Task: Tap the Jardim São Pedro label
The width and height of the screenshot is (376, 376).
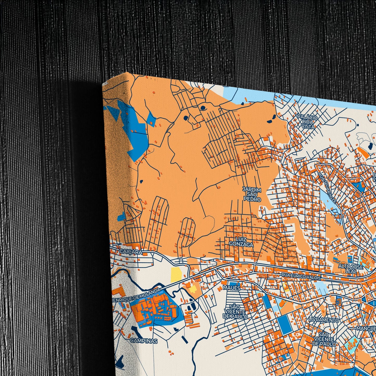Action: coord(252,194)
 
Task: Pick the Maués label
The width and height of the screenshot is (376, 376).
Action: coord(232,288)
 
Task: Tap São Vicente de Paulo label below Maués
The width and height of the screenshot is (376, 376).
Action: coord(234,312)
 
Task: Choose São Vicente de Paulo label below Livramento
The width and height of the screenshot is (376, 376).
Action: coord(324,339)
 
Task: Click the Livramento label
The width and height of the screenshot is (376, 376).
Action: coord(324,320)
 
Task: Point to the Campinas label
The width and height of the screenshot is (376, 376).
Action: coord(144,341)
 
